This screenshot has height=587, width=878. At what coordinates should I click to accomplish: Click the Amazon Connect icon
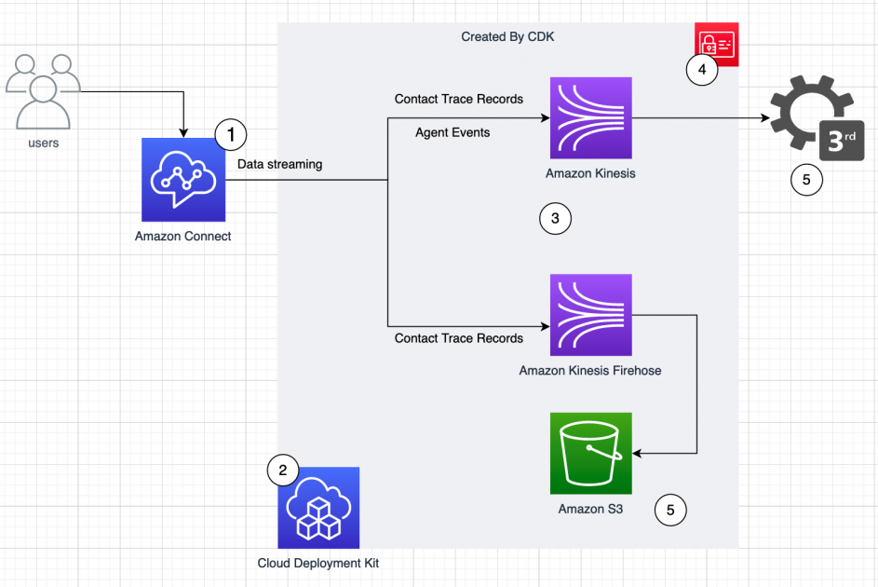[x=183, y=179]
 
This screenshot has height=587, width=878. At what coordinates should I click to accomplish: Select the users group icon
[x=43, y=92]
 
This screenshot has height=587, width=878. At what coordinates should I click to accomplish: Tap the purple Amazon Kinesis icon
[x=591, y=118]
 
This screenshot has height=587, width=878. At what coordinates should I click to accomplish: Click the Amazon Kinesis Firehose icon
[x=591, y=315]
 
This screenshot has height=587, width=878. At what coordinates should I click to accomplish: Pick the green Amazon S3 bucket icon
[x=591, y=453]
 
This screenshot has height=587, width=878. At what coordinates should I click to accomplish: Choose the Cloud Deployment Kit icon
[x=318, y=508]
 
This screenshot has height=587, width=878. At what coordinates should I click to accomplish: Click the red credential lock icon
[x=717, y=43]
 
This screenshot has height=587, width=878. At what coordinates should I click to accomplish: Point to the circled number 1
[x=230, y=135]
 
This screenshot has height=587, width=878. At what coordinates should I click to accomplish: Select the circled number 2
[x=283, y=471]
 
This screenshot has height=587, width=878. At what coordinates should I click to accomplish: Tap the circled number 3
[x=555, y=219]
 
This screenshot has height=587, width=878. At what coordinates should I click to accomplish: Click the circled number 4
[x=702, y=70]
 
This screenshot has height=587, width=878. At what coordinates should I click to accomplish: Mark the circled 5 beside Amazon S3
[x=670, y=510]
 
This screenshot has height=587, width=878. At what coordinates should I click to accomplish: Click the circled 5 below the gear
[x=806, y=179]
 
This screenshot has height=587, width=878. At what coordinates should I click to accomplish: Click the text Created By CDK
[x=507, y=36]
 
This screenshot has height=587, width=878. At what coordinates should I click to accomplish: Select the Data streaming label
[x=279, y=164]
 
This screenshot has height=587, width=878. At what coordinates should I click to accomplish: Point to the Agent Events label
[x=453, y=132]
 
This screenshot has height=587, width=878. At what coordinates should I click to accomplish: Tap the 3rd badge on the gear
[x=841, y=142]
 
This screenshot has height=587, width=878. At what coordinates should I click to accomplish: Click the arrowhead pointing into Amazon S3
[x=639, y=454]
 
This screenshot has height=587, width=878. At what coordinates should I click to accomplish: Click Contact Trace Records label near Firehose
[x=459, y=338]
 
